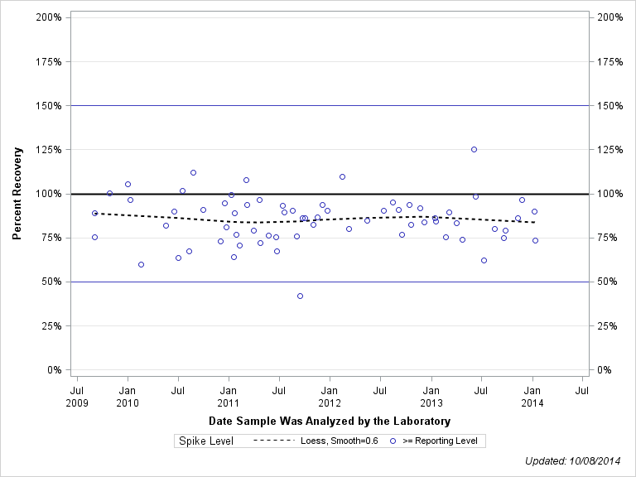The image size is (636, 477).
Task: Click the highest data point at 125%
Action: [x=474, y=149]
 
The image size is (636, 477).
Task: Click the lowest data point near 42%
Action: [x=300, y=296]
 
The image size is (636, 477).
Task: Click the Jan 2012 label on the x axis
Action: [x=330, y=396]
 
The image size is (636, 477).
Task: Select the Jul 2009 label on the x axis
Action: [x=76, y=396]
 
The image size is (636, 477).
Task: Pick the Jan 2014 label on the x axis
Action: [x=532, y=396]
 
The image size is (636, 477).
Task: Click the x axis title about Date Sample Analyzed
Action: [x=330, y=422]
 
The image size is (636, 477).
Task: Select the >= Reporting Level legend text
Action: [x=440, y=441]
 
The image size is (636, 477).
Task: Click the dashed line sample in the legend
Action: [x=272, y=441]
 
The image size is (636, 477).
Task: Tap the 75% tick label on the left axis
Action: [x=51, y=238]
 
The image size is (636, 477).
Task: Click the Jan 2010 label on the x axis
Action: [x=128, y=396]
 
